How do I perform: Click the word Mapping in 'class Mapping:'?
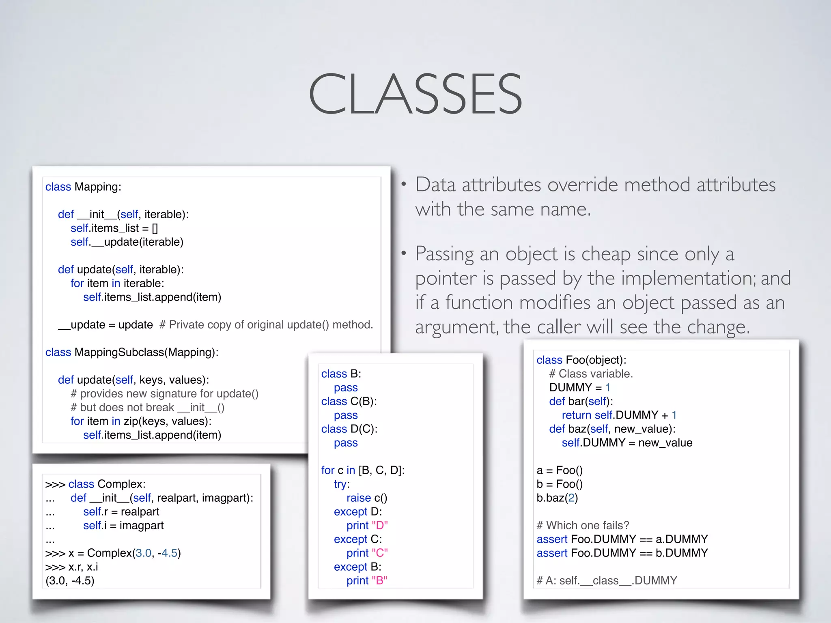coord(97,187)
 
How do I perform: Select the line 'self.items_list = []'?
coord(114,228)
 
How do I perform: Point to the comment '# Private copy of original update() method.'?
coord(266,325)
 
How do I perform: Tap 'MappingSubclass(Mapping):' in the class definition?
coord(146,352)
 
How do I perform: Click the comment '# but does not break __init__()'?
coord(147,408)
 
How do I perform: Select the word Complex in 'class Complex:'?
coord(121,484)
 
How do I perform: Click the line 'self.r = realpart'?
coord(121,512)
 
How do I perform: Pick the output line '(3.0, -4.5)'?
coord(70,581)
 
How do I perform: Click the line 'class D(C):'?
coord(349,429)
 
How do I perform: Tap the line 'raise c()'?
coord(366,498)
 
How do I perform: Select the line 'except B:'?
coord(357,567)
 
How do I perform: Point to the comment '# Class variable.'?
coord(591,374)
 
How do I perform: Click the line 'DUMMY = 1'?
coord(579,388)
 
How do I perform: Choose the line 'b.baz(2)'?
coord(557,498)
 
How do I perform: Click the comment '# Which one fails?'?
coord(583,526)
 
